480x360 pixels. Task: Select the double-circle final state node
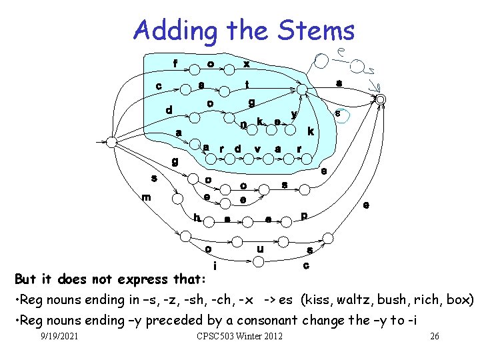pos(381,99)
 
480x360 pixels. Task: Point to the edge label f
pos(175,65)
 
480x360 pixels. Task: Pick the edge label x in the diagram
pos(247,64)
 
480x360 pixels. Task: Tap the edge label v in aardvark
pos(257,148)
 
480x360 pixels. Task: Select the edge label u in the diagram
pos(260,249)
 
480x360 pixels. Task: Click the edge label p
pos(304,215)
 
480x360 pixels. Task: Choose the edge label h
pos(197,217)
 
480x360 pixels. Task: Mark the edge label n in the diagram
pos(244,124)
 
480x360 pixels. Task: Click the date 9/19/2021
pos(59,336)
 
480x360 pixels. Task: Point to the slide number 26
pos(434,336)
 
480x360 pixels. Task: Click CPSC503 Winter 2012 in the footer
pos(240,336)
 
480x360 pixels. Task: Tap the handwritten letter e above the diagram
pos(341,51)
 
